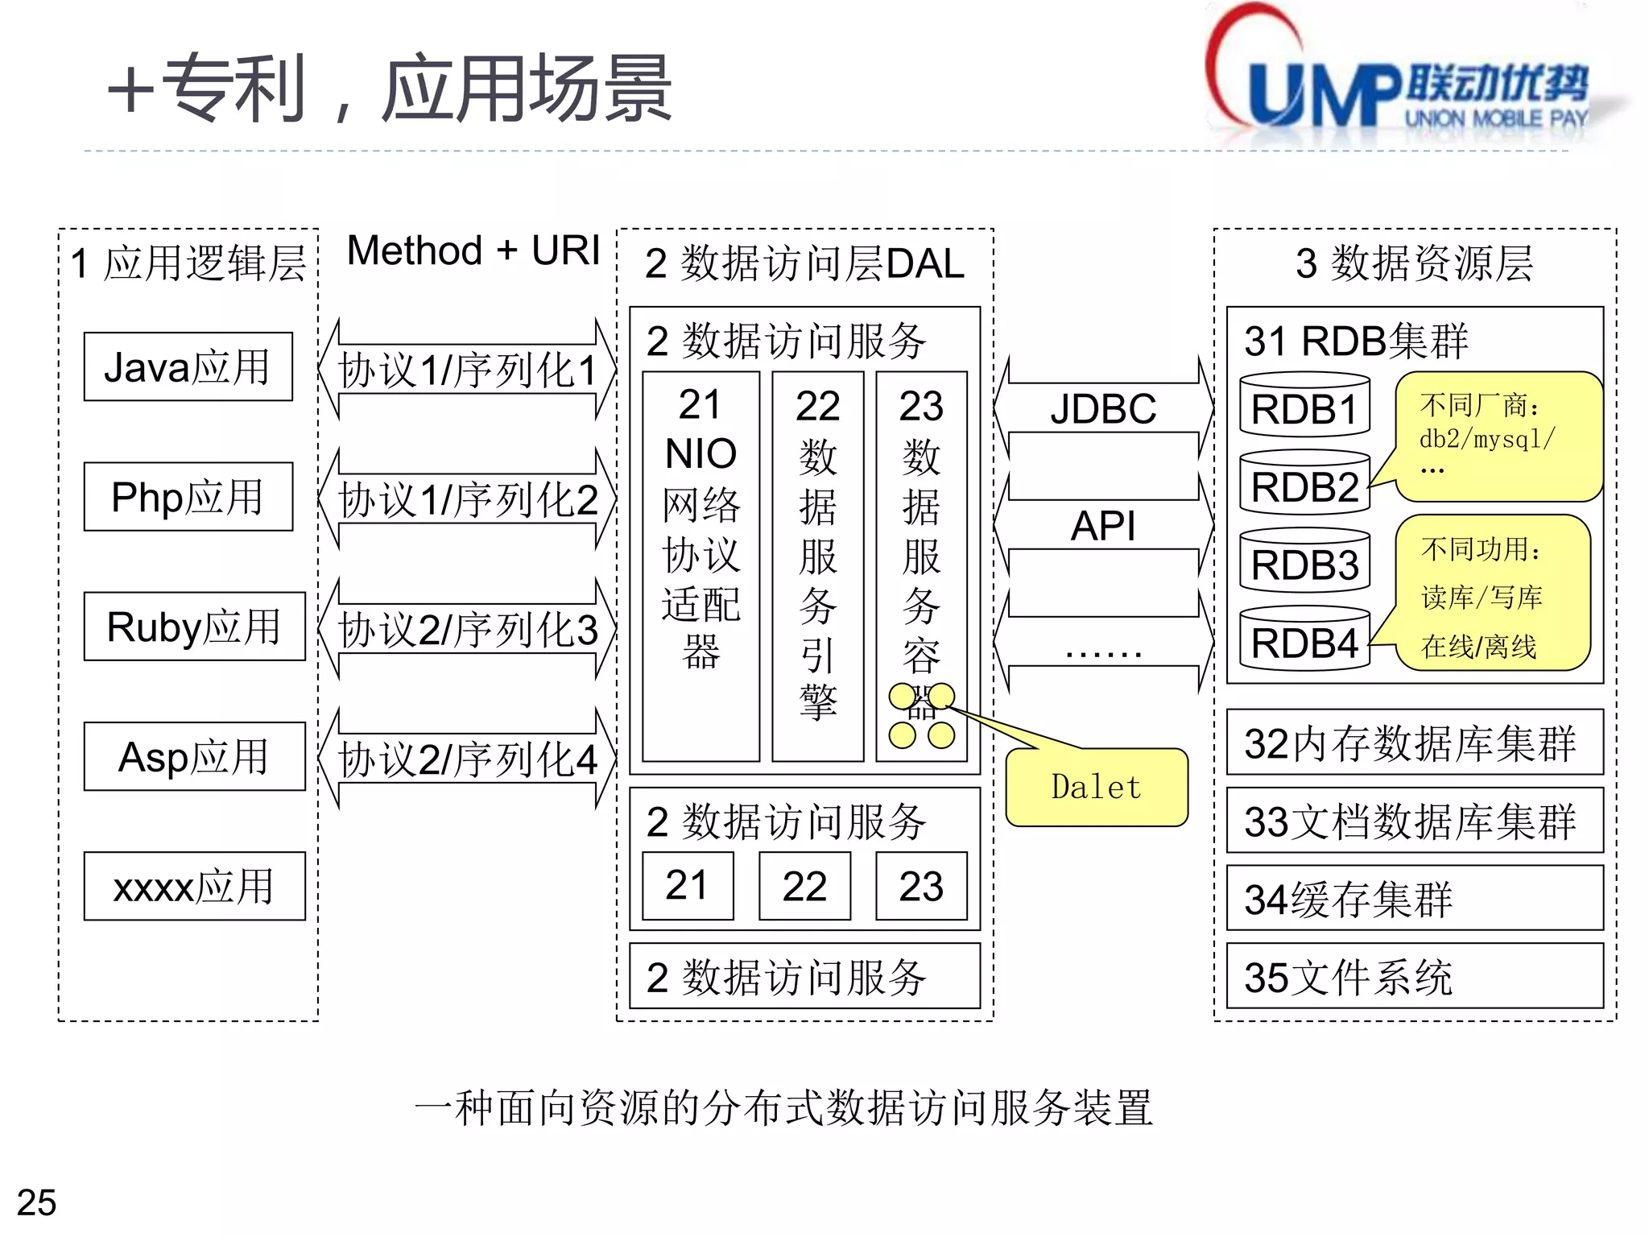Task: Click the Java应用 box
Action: [188, 366]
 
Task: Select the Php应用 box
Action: [188, 496]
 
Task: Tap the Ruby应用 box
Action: [194, 627]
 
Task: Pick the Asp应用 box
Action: [194, 756]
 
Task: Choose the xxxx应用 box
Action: [194, 886]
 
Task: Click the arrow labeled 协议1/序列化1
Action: [467, 370]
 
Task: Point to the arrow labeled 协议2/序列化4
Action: [467, 759]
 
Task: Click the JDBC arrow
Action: [1103, 408]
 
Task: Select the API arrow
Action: [1103, 526]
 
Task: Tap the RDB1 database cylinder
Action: [1304, 407]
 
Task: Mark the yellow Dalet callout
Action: [1097, 787]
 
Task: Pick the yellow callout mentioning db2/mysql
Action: [1498, 436]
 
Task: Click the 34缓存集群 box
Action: [1414, 898]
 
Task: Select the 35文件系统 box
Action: [1414, 976]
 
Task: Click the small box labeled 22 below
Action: [804, 886]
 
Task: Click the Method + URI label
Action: [473, 250]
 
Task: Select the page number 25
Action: [37, 1202]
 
